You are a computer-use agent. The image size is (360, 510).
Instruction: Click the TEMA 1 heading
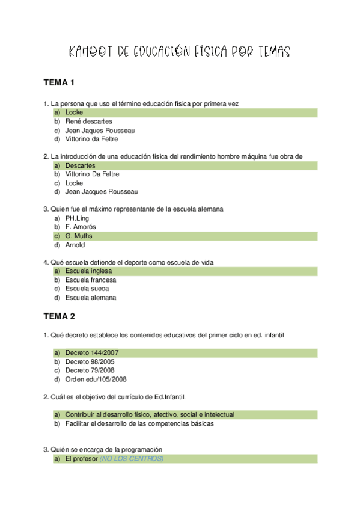click(x=58, y=82)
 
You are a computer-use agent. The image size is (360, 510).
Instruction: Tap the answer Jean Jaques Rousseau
click(x=100, y=130)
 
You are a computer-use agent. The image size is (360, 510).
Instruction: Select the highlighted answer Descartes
click(x=81, y=165)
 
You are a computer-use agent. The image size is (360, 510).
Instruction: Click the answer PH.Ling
click(x=77, y=218)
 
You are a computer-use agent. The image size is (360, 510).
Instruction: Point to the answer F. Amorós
click(x=81, y=227)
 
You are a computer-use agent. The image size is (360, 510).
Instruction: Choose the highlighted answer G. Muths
click(x=78, y=236)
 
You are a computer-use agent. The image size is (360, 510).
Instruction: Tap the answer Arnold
click(x=75, y=245)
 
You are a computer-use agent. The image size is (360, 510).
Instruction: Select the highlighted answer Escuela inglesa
click(x=88, y=271)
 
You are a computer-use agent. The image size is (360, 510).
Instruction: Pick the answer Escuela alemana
click(x=90, y=297)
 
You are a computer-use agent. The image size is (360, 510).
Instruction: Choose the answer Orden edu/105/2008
click(x=96, y=379)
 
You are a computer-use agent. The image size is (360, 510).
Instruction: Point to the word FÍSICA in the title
click(x=214, y=52)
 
